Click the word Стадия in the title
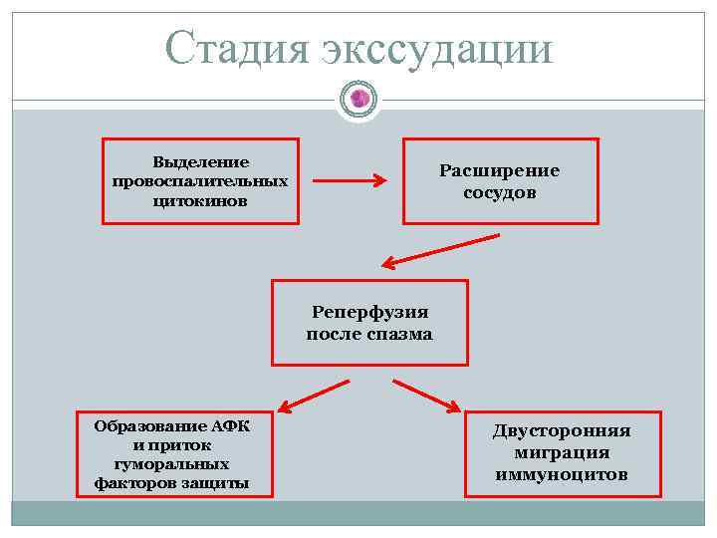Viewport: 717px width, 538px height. pyautogui.click(x=237, y=47)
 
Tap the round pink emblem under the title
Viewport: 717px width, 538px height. pyautogui.click(x=358, y=99)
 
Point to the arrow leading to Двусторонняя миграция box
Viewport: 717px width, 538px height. pyautogui.click(x=426, y=395)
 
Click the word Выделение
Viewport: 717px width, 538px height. pyautogui.click(x=200, y=161)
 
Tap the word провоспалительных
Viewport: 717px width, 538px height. pyautogui.click(x=200, y=181)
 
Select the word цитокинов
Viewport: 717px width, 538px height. pyautogui.click(x=200, y=201)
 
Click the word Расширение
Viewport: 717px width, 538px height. pyautogui.click(x=500, y=170)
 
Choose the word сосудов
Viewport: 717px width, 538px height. pyautogui.click(x=500, y=192)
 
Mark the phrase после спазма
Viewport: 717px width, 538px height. pyautogui.click(x=369, y=334)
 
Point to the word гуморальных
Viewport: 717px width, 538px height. pyautogui.click(x=172, y=464)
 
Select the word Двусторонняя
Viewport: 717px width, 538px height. pyautogui.click(x=562, y=431)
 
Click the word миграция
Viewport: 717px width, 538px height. pyautogui.click(x=562, y=453)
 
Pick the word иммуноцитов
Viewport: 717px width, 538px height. pyautogui.click(x=562, y=474)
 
